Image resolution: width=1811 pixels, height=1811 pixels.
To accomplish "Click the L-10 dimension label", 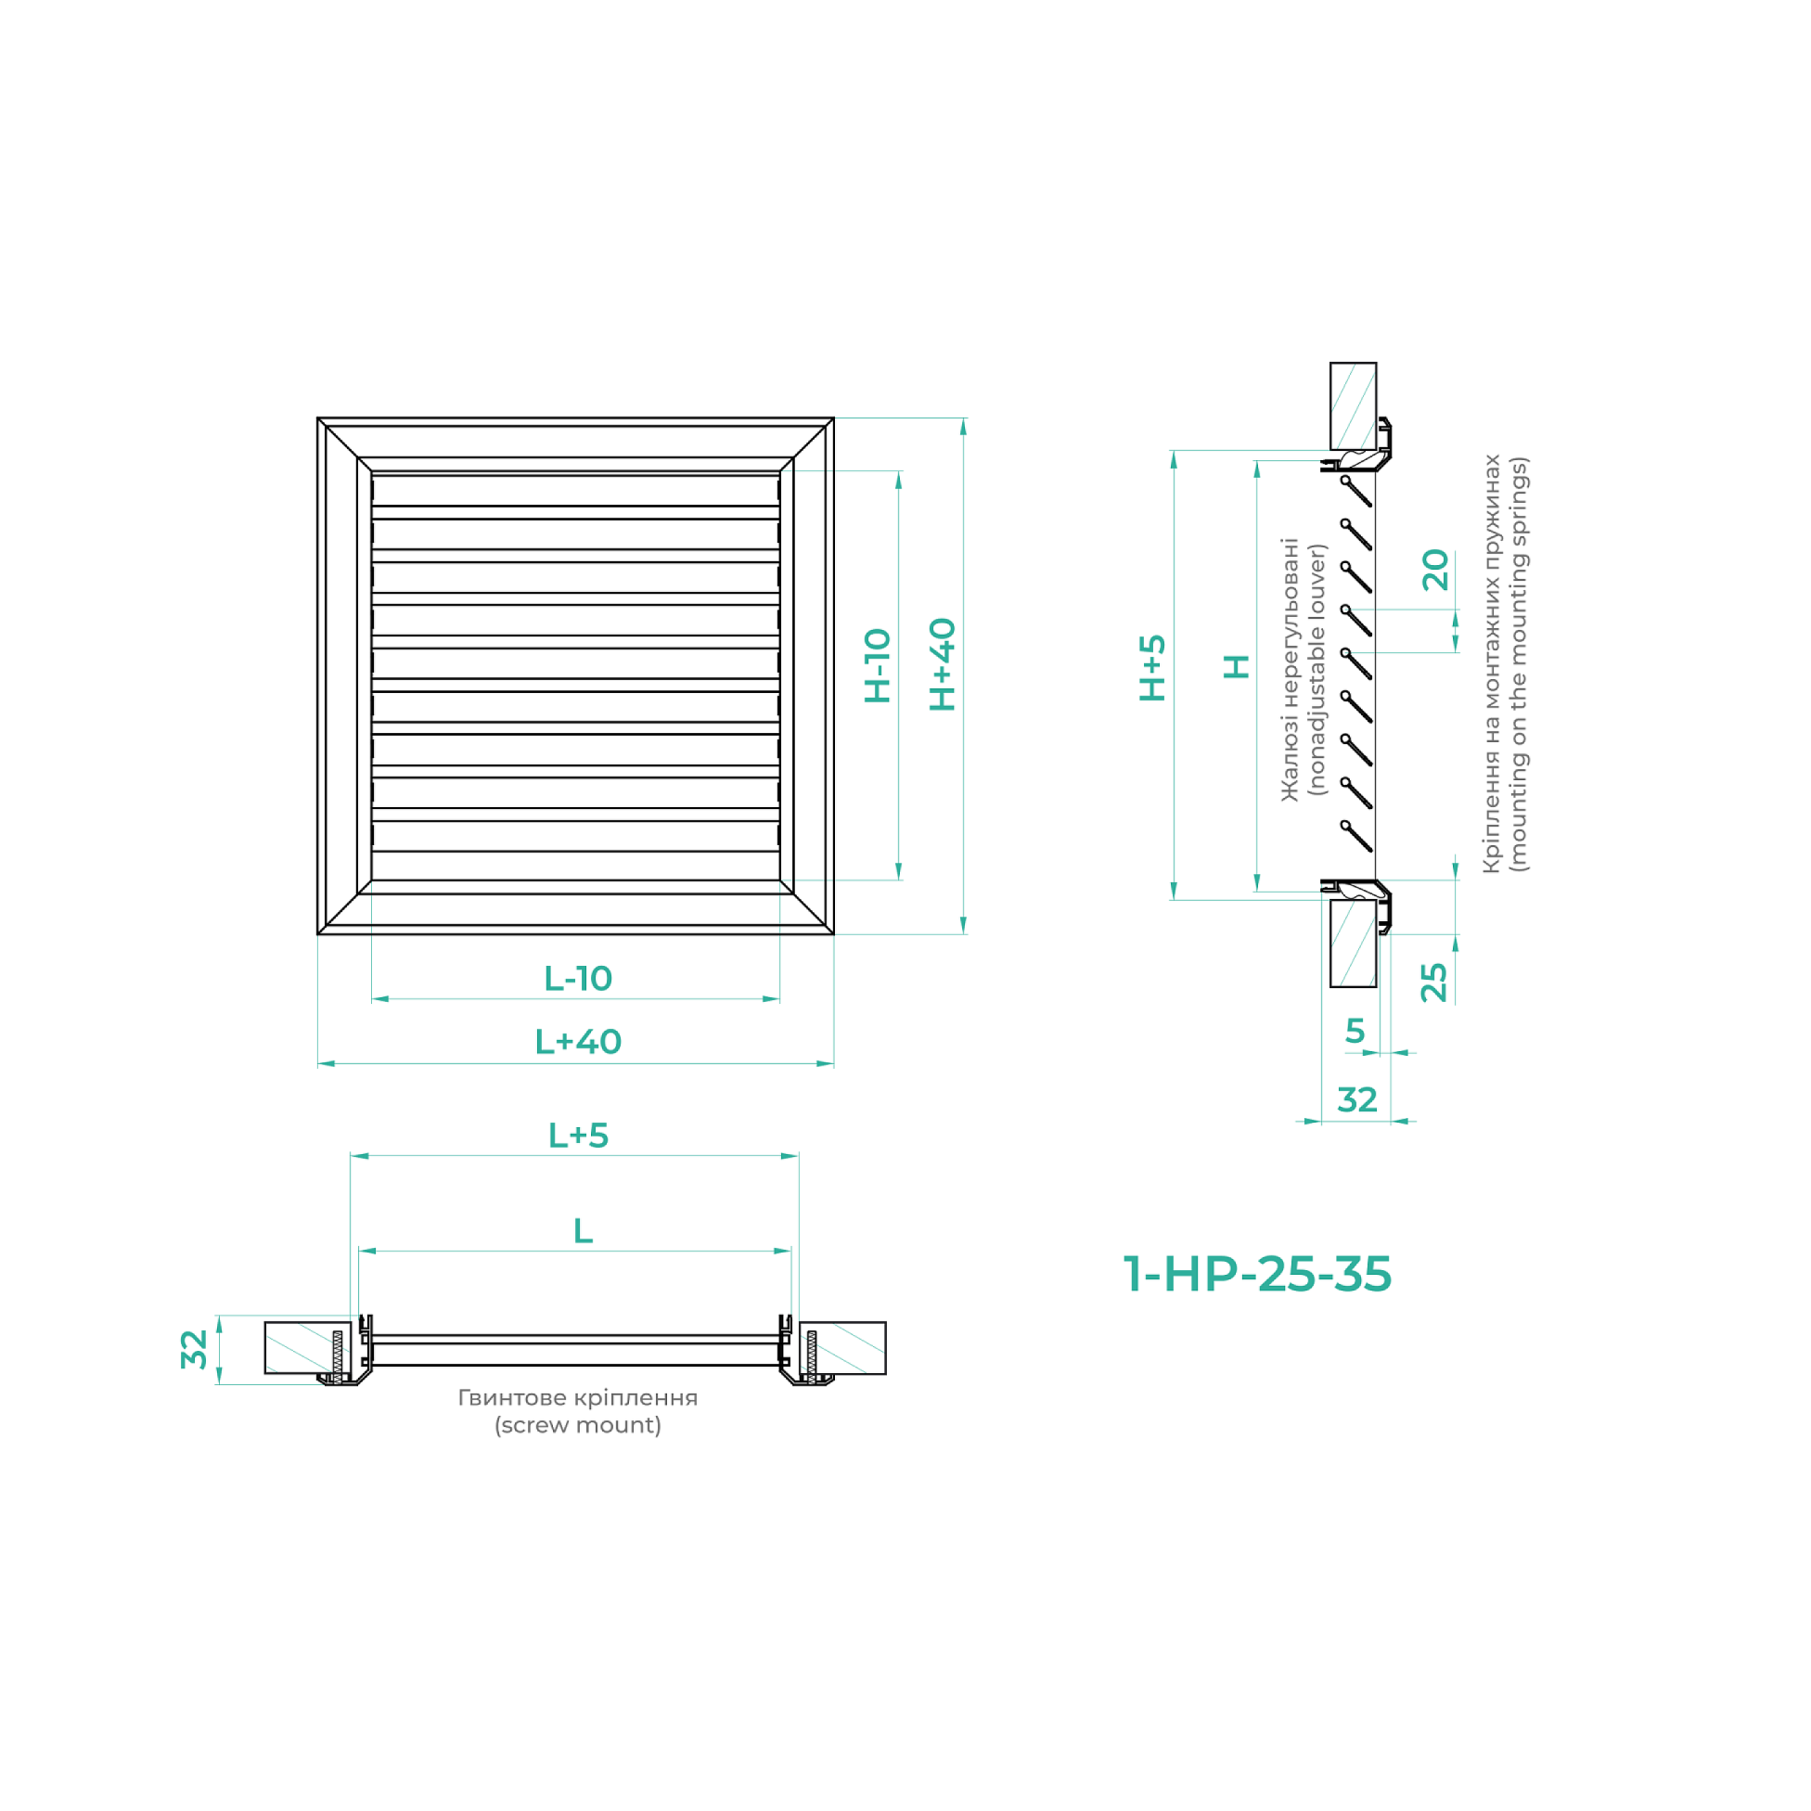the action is [577, 979].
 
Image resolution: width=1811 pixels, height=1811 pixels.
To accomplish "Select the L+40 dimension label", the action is [577, 1042].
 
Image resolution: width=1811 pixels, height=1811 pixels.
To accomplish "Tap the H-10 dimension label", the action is [878, 665].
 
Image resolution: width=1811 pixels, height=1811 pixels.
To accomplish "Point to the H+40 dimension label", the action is [942, 664].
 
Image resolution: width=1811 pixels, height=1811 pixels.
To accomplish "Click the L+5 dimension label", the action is [577, 1136].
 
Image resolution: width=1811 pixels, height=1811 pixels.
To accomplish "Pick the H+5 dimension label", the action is [1152, 668].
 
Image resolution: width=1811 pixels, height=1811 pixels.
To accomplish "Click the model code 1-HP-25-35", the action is [1257, 1274].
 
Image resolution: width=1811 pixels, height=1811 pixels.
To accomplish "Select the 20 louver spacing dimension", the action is [1435, 570].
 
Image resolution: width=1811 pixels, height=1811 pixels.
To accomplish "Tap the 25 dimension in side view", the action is [1434, 983].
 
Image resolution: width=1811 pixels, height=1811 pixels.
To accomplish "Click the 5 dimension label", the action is [1355, 1031].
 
